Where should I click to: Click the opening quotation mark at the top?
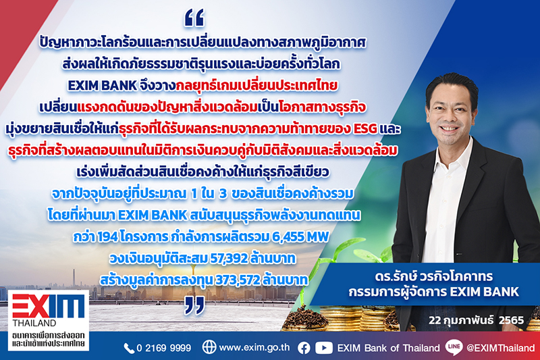(x=194, y=18)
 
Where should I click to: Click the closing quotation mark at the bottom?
(x=194, y=305)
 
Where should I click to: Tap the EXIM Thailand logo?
(x=49, y=320)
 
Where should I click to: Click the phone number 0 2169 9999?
(x=163, y=348)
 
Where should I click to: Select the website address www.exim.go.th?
(x=254, y=347)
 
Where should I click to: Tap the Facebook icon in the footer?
(x=304, y=348)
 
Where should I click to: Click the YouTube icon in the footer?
(x=324, y=348)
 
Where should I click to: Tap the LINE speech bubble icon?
(x=454, y=346)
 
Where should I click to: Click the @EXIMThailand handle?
(x=500, y=348)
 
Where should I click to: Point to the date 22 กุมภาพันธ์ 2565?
(x=477, y=320)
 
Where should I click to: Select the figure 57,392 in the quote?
(x=229, y=258)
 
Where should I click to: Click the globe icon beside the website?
(x=209, y=347)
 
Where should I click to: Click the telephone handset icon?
(x=129, y=349)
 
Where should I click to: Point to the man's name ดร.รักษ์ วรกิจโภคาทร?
(x=434, y=276)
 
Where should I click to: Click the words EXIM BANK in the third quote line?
(x=103, y=86)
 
